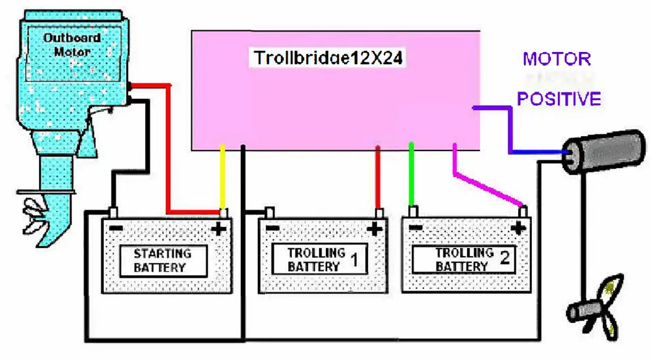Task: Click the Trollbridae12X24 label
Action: click(x=329, y=59)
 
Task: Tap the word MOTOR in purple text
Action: click(x=557, y=59)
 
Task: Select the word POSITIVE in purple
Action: click(x=558, y=99)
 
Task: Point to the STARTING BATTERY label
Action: click(x=163, y=260)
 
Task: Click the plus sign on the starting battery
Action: click(x=218, y=230)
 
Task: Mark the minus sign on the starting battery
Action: click(x=116, y=228)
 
